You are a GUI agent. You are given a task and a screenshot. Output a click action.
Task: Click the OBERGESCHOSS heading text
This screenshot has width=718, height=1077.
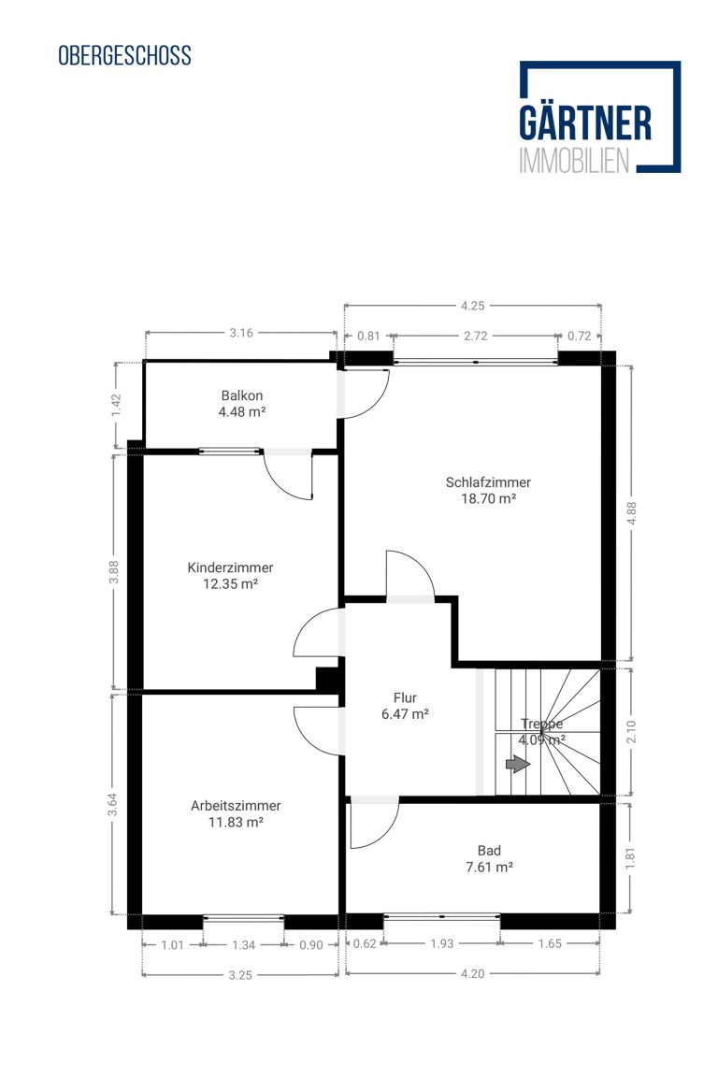[x=124, y=56]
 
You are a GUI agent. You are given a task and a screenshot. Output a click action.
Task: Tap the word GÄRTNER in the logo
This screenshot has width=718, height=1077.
[x=584, y=123]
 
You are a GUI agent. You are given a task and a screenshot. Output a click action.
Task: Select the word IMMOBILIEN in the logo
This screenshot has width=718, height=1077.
[x=574, y=160]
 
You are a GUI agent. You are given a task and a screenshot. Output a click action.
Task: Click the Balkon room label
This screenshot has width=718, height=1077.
[x=242, y=395]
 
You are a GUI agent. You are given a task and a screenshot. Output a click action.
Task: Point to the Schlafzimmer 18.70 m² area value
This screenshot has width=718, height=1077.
[x=488, y=498]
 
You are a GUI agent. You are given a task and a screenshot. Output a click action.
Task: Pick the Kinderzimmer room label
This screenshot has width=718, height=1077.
[x=230, y=567]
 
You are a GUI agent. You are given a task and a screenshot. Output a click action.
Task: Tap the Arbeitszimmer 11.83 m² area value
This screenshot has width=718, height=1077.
[x=236, y=822]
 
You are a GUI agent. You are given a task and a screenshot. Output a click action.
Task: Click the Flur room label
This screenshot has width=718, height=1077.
[x=406, y=697]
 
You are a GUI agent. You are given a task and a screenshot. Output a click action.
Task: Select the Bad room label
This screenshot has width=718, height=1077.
[x=489, y=851]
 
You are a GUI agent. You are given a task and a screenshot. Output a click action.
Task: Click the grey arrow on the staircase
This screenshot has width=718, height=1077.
[x=518, y=764]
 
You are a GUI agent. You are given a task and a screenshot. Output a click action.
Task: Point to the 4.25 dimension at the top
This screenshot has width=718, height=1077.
[x=473, y=306]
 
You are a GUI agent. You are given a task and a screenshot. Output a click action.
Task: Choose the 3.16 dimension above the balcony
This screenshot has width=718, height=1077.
[x=241, y=333]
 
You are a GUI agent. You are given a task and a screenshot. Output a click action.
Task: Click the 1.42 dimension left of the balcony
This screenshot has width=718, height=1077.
[x=116, y=404]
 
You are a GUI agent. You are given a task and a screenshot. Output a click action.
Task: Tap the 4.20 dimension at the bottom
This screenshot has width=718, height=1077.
[x=473, y=973]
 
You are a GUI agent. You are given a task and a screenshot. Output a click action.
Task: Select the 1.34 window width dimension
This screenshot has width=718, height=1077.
[x=243, y=945]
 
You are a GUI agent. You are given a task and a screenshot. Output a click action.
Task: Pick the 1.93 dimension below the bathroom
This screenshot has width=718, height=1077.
[x=442, y=943]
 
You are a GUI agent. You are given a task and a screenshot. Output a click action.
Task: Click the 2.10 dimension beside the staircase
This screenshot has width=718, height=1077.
[x=631, y=731]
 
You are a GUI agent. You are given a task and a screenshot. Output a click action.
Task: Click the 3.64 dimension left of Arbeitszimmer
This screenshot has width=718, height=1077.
[x=113, y=804]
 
